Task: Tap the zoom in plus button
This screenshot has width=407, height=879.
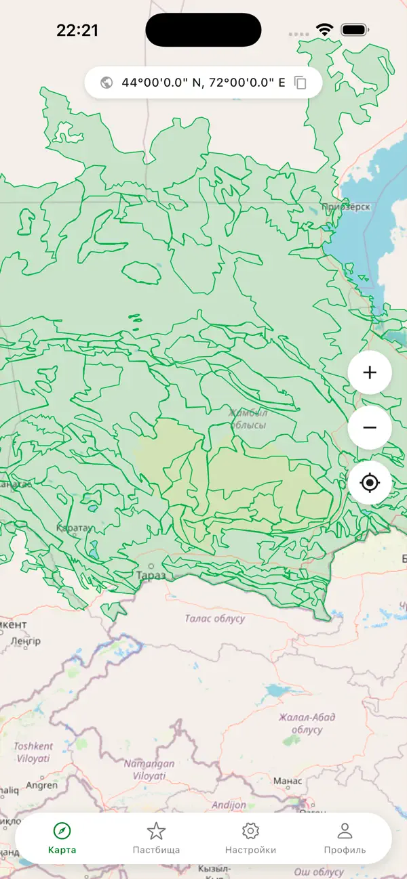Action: tap(370, 372)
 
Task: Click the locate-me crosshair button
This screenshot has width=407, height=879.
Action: tap(370, 484)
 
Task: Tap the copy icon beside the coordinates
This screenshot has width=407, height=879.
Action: tap(301, 83)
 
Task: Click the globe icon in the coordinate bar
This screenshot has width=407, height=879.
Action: tap(106, 83)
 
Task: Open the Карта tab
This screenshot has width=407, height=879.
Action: tap(62, 838)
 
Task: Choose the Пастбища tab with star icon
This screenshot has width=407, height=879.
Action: tap(156, 838)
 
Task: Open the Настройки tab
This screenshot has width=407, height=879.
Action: tap(250, 838)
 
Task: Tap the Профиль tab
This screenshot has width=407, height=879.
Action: tap(345, 838)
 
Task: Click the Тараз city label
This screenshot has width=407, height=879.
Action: tap(151, 575)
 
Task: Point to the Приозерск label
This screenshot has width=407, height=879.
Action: tap(346, 207)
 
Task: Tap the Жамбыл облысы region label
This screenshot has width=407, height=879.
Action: tap(248, 419)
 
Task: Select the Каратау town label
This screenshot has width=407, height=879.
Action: tap(73, 528)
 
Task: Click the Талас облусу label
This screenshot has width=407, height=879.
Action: tap(215, 618)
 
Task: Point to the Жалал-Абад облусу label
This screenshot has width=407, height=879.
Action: tap(307, 723)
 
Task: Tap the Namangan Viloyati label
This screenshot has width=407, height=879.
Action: tap(149, 769)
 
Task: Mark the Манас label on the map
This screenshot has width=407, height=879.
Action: tap(287, 781)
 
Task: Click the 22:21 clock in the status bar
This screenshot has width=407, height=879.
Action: tap(77, 30)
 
